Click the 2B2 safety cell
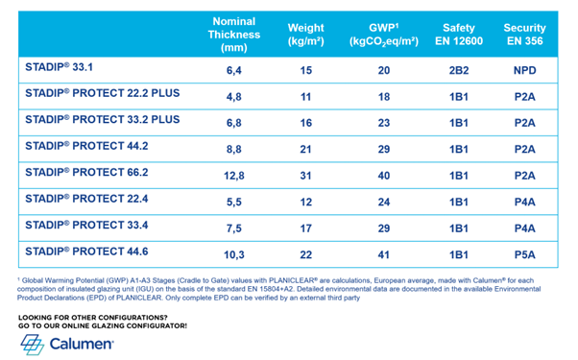[459, 71]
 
